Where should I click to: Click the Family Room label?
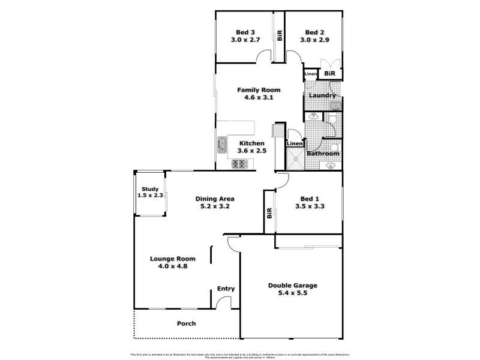[259, 90]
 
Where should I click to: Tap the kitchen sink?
[221, 143]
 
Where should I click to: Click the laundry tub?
[336, 107]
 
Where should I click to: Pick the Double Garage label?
[292, 286]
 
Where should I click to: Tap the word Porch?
[186, 323]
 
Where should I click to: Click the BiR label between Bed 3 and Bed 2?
[279, 35]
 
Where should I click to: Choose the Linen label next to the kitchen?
[294, 144]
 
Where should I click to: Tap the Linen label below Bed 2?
[310, 74]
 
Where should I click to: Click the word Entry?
[226, 289]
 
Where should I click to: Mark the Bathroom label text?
[323, 154]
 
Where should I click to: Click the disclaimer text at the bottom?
[239, 354]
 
